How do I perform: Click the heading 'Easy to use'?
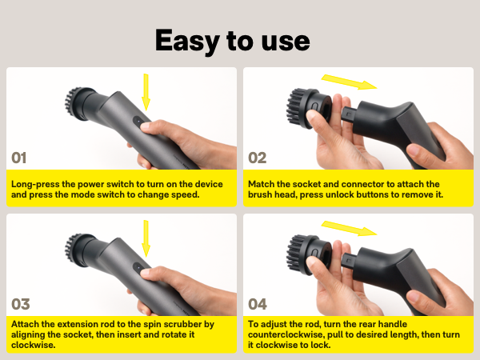232,39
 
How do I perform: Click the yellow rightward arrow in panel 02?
349,82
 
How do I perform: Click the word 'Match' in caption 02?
263,183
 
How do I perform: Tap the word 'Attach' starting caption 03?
27,324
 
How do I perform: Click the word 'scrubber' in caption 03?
189,324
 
